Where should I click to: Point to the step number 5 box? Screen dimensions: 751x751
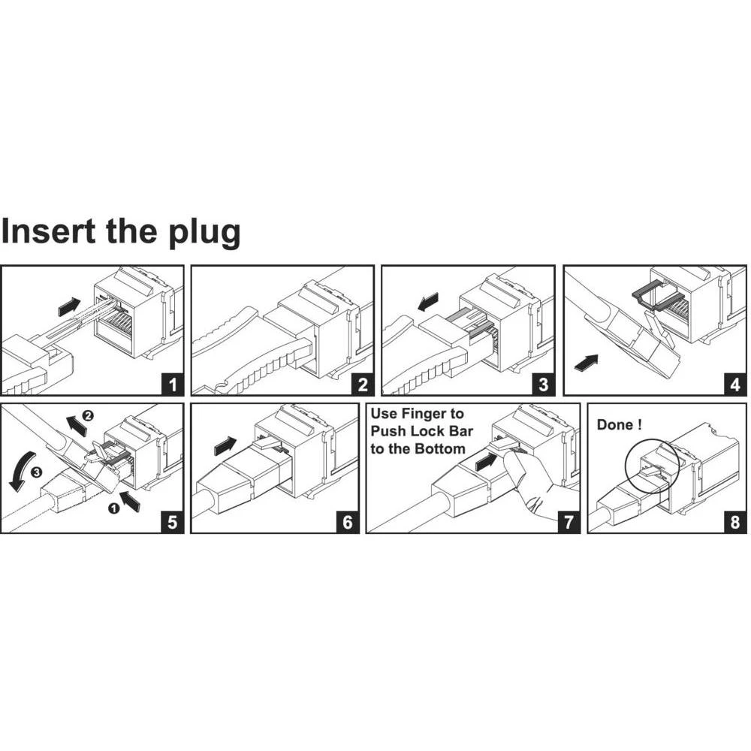tap(173, 522)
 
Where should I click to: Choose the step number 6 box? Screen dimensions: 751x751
tap(347, 522)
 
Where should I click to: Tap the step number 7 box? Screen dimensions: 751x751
tap(568, 522)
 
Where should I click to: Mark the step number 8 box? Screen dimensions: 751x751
tap(735, 522)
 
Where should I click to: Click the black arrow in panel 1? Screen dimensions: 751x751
tap(69, 306)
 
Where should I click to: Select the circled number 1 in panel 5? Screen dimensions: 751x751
tap(114, 508)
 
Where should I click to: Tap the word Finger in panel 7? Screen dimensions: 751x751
tap(439, 414)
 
